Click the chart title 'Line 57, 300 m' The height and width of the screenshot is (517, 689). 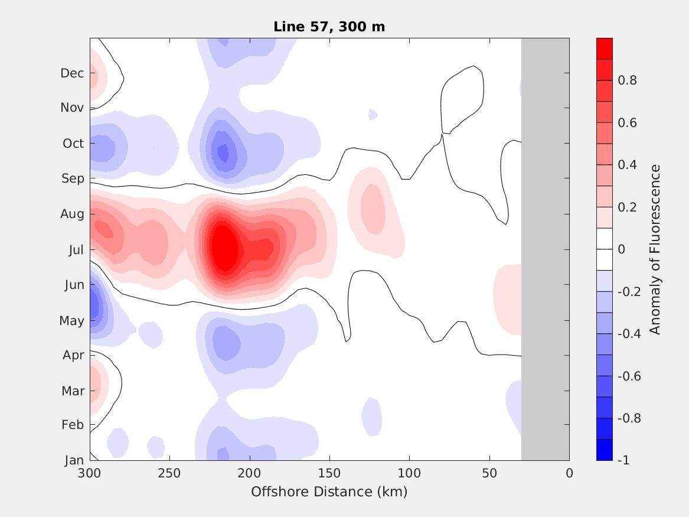point(329,27)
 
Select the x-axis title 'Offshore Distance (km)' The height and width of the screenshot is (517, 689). point(329,492)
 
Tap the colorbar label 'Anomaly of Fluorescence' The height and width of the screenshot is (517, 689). point(655,249)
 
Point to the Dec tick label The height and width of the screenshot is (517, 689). point(72,73)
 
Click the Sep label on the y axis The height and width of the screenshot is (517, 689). point(73,178)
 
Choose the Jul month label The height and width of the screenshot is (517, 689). point(76,250)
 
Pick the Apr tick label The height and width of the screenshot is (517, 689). point(73,355)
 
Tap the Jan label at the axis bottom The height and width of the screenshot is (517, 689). point(74,460)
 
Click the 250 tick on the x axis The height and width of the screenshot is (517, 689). point(169,473)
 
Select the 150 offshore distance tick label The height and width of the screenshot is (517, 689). point(329,473)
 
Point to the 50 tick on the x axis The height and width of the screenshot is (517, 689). point(489,473)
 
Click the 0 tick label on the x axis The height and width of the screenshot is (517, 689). point(569,473)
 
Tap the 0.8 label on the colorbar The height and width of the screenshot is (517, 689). point(627,80)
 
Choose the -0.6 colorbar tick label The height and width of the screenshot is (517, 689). point(629,376)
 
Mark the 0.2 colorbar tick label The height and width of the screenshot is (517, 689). point(627,207)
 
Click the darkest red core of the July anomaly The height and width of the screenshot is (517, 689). point(223,248)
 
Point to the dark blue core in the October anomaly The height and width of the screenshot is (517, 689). point(223,153)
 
